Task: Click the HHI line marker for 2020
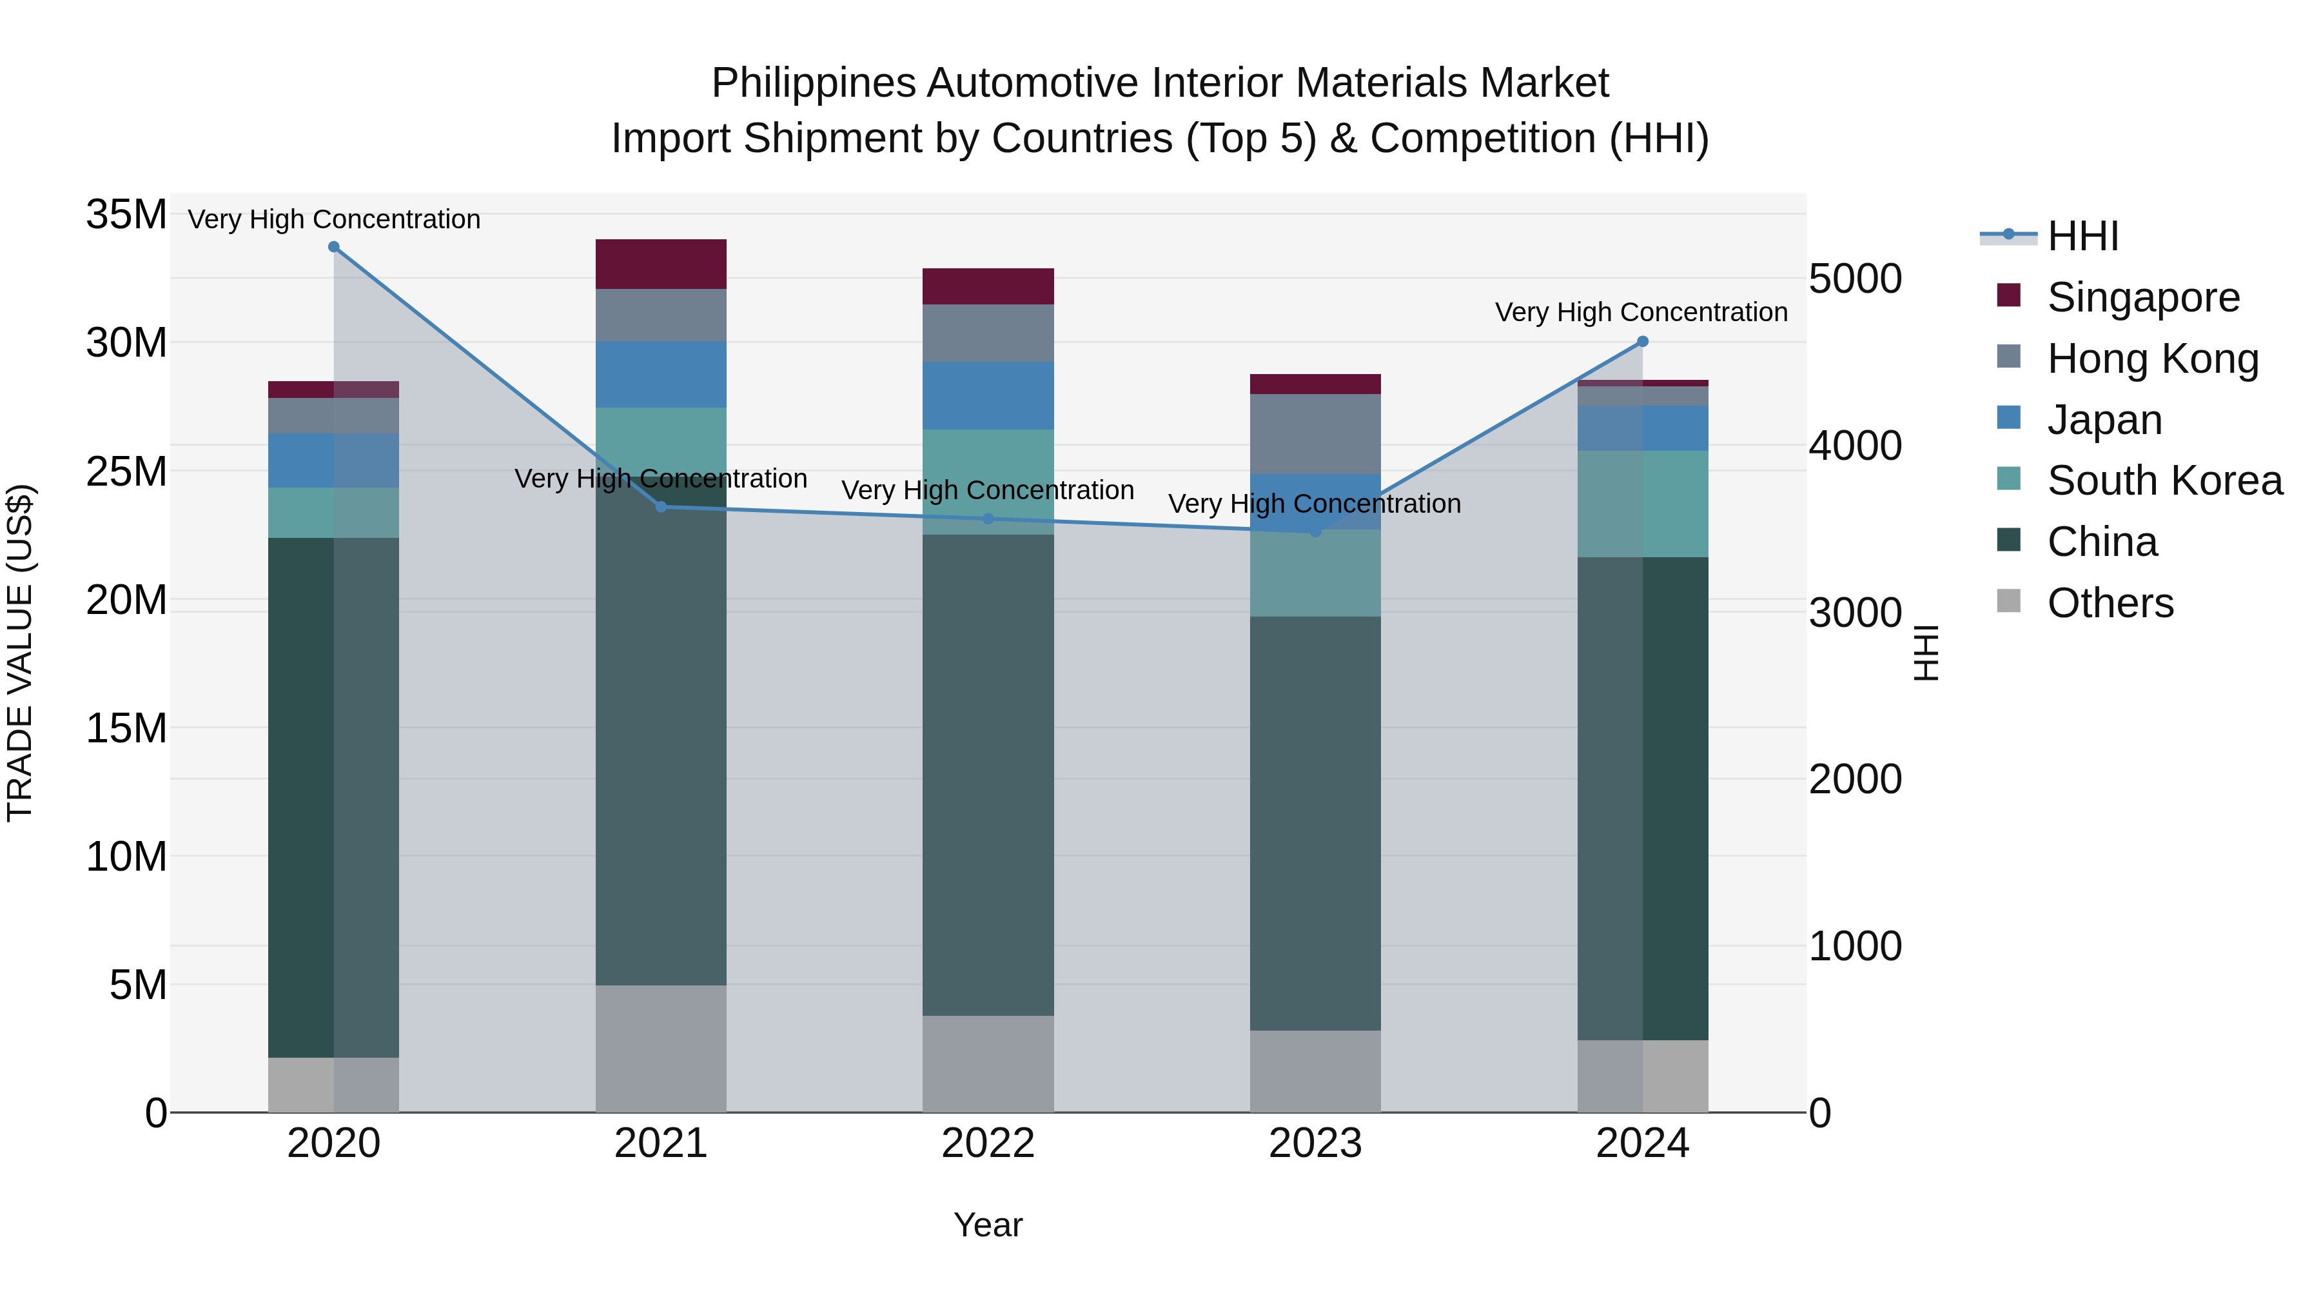tap(333, 247)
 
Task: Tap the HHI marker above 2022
tap(988, 519)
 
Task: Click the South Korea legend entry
tap(2164, 480)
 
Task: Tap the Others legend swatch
tap(2008, 601)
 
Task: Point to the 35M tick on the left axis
tap(126, 215)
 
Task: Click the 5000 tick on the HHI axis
tap(1854, 279)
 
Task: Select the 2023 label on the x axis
tap(1315, 1143)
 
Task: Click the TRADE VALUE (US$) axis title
tap(20, 653)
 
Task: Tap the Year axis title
tap(988, 1225)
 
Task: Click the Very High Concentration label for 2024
tap(1641, 312)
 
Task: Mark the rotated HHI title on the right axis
tap(1924, 653)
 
